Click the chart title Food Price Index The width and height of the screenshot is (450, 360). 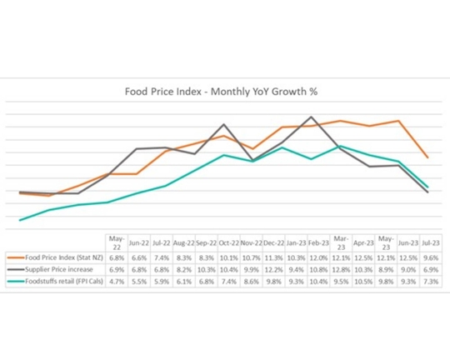225,93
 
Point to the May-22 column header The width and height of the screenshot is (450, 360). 117,242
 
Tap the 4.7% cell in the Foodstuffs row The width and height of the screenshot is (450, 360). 117,282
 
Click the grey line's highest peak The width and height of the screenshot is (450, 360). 311,117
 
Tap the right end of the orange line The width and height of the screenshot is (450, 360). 428,157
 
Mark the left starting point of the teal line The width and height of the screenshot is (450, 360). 19,220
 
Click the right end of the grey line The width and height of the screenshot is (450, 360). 428,192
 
